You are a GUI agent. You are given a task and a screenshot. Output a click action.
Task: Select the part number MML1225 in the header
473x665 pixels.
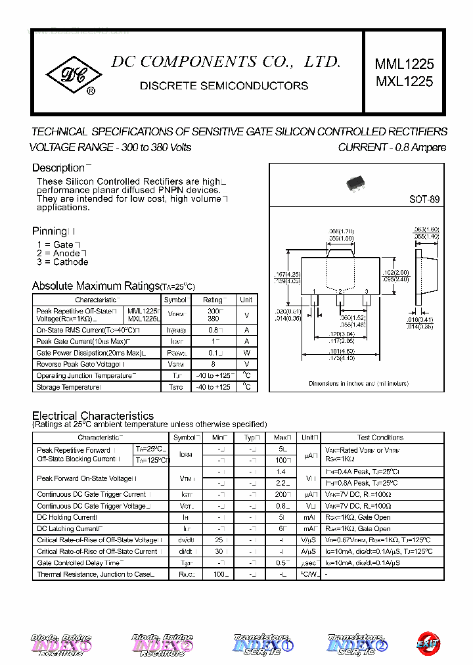404,64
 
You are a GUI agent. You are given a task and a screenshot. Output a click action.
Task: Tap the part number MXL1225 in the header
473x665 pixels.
404,81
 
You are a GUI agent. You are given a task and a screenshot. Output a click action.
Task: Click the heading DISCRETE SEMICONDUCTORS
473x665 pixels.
224,85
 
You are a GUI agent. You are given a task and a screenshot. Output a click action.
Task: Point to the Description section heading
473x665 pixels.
58,168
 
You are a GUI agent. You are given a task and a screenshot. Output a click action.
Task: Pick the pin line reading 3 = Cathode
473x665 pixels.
62,262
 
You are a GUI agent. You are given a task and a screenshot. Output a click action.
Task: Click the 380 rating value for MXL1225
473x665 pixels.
213,319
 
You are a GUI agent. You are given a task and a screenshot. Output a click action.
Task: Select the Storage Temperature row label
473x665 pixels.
68,387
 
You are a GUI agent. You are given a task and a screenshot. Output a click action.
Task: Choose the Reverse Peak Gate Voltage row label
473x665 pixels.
78,364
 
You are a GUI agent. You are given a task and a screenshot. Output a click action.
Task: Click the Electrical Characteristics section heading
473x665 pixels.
93,416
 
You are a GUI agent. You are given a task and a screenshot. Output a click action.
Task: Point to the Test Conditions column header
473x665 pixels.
380,438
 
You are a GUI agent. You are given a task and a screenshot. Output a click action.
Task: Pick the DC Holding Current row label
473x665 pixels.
67,518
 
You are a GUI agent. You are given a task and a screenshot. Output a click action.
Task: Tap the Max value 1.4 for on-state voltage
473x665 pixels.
281,472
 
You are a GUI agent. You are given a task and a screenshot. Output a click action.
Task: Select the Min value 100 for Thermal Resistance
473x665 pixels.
219,574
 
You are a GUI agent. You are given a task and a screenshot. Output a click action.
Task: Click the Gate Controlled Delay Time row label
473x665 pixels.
78,563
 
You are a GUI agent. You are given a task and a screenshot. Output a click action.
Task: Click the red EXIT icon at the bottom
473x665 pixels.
428,643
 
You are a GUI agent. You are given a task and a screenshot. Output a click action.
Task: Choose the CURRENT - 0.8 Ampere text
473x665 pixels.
392,147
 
